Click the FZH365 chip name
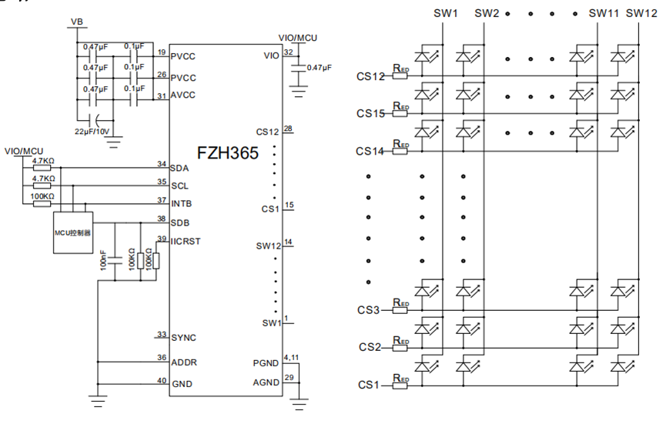(228, 153)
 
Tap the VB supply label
(77, 22)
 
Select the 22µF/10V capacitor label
(92, 132)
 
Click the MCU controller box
(73, 232)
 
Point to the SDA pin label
(179, 168)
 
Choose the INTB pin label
(182, 204)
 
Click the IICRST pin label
(186, 241)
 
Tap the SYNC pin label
(183, 338)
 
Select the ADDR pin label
(184, 362)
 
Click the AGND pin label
(266, 382)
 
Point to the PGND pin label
(266, 363)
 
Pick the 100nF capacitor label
(103, 260)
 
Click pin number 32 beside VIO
(289, 52)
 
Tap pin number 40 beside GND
(162, 380)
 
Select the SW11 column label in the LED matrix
(604, 13)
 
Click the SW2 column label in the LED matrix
(487, 13)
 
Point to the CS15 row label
(370, 113)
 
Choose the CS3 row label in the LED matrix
(368, 310)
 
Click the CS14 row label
(370, 151)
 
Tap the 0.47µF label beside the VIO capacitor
(319, 68)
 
